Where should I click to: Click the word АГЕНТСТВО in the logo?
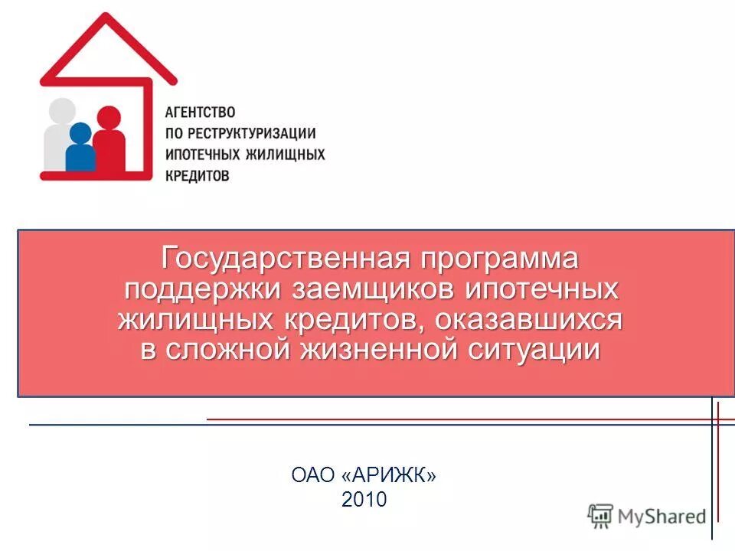[200, 112]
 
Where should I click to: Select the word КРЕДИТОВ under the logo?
[198, 175]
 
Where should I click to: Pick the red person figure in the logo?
[110, 142]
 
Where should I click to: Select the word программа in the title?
[498, 258]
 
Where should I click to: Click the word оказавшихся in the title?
[528, 320]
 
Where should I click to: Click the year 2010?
[364, 500]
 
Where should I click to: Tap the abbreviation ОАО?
[313, 475]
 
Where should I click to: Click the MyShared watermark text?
[662, 517]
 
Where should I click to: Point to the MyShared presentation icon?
[600, 516]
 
